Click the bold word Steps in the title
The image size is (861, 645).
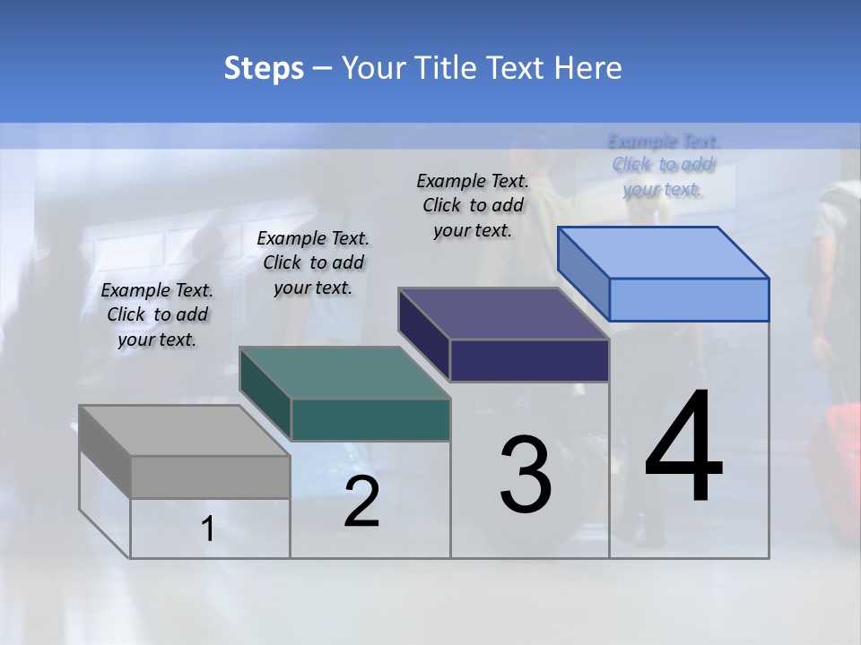264,68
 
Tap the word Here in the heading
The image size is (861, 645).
587,68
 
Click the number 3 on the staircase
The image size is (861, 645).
526,475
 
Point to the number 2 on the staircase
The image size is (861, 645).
361,502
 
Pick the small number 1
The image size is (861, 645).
208,529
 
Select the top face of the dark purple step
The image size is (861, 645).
503,314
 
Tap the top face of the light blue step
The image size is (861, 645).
663,253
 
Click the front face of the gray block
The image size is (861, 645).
211,477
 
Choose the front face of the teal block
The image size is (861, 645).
370,419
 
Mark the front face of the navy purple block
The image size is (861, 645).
529,360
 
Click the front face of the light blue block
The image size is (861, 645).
689,299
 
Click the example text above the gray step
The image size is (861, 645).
157,314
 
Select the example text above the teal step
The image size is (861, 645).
313,262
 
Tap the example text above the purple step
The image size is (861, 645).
473,205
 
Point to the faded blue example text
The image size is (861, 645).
663,165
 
